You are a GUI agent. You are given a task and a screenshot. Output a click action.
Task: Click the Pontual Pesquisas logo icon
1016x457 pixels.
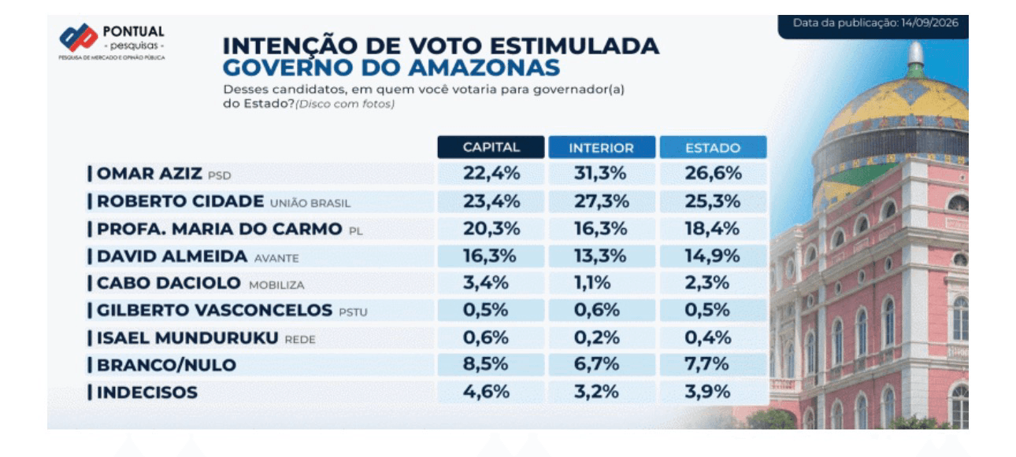pyautogui.click(x=79, y=37)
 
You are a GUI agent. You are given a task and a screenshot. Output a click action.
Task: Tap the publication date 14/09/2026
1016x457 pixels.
pyautogui.click(x=929, y=23)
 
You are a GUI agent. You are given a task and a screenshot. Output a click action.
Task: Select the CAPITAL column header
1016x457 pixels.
pyautogui.click(x=491, y=147)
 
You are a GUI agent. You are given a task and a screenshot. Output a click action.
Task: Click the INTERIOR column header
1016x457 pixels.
pyautogui.click(x=602, y=148)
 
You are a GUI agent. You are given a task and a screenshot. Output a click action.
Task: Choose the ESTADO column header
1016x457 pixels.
pyautogui.click(x=713, y=148)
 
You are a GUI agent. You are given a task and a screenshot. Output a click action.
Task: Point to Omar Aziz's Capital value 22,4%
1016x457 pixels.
pyautogui.click(x=491, y=173)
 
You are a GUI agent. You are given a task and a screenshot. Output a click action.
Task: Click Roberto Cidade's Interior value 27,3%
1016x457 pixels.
pyautogui.click(x=602, y=201)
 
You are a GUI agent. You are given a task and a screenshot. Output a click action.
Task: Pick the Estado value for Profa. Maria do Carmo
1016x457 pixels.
pyautogui.click(x=712, y=228)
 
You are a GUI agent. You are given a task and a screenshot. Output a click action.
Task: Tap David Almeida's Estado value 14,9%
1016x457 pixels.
pyautogui.click(x=712, y=256)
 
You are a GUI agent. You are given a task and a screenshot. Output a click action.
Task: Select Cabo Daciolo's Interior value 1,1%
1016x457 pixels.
pyautogui.click(x=592, y=282)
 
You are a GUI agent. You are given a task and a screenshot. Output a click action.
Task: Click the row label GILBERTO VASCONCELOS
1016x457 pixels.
pyautogui.click(x=214, y=310)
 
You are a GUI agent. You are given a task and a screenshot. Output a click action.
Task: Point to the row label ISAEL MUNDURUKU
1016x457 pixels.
pyautogui.click(x=187, y=338)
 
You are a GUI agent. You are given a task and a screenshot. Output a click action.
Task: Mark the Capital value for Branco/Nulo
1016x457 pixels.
pyautogui.click(x=485, y=363)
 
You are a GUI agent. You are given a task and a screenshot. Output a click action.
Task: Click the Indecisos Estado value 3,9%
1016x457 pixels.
pyautogui.click(x=707, y=392)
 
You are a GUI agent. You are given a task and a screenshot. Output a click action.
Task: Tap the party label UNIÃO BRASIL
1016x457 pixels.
pyautogui.click(x=310, y=204)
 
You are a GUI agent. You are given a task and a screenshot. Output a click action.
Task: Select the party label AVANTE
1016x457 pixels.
pyautogui.click(x=276, y=258)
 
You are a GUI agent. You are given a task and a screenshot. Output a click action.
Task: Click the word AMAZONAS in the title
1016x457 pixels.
pyautogui.click(x=484, y=68)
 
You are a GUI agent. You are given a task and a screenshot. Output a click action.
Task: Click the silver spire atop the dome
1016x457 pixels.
pyautogui.click(x=915, y=53)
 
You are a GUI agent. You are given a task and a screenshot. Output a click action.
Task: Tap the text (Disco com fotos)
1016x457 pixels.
pyautogui.click(x=345, y=104)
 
